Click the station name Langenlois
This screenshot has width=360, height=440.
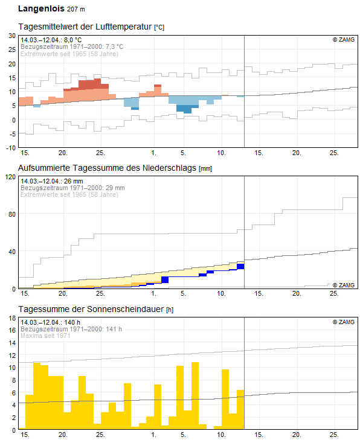[40, 9]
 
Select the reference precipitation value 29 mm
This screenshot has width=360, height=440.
[114, 188]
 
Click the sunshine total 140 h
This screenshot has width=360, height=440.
[72, 322]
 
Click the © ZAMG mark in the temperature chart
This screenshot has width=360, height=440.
[343, 40]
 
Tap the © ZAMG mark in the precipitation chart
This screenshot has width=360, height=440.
[343, 285]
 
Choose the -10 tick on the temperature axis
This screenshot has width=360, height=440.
[10, 147]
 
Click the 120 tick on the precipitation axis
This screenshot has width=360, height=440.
[9, 177]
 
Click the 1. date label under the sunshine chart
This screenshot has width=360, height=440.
[154, 435]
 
